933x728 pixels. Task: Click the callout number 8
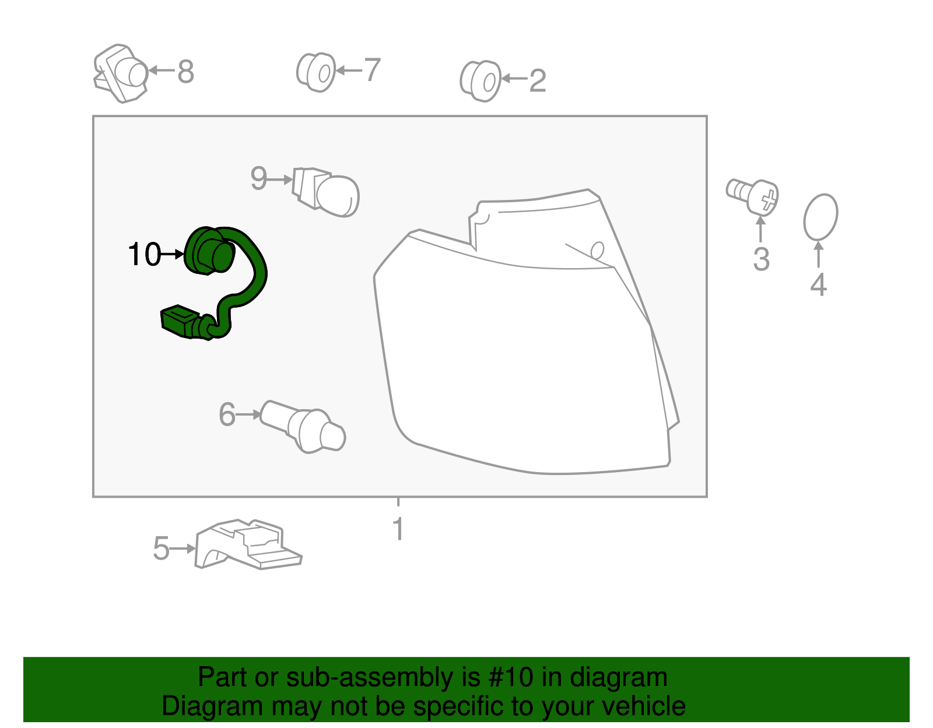click(x=185, y=71)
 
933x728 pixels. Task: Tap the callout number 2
click(x=538, y=80)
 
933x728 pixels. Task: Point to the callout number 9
click(x=259, y=178)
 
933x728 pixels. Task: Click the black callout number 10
click(x=145, y=254)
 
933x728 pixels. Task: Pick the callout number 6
click(x=227, y=414)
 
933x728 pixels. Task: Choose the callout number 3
click(x=761, y=259)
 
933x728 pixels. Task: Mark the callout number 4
click(x=818, y=284)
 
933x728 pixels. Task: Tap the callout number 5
click(x=162, y=548)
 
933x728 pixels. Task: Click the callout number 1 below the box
click(x=398, y=529)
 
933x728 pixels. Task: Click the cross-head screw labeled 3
click(x=752, y=196)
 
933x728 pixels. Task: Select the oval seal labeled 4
click(x=820, y=217)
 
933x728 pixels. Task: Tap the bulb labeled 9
click(x=326, y=192)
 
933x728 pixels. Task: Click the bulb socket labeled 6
click(x=303, y=427)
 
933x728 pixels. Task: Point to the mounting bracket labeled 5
click(x=248, y=544)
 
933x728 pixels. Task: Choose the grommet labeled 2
click(x=480, y=81)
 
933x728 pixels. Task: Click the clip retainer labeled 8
click(x=121, y=73)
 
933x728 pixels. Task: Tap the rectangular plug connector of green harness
click(x=180, y=321)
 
